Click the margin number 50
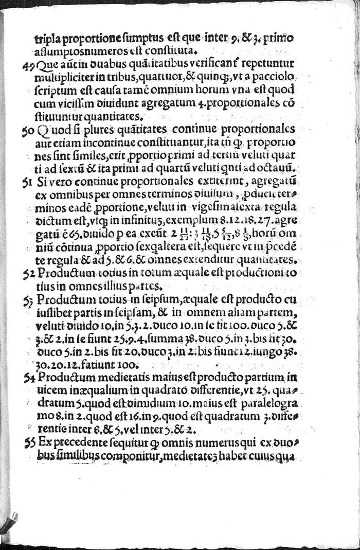pos(28,130)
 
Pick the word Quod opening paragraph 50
pos(49,129)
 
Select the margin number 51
pos(28,182)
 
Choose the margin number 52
pos(28,273)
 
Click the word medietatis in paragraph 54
pos(111,378)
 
